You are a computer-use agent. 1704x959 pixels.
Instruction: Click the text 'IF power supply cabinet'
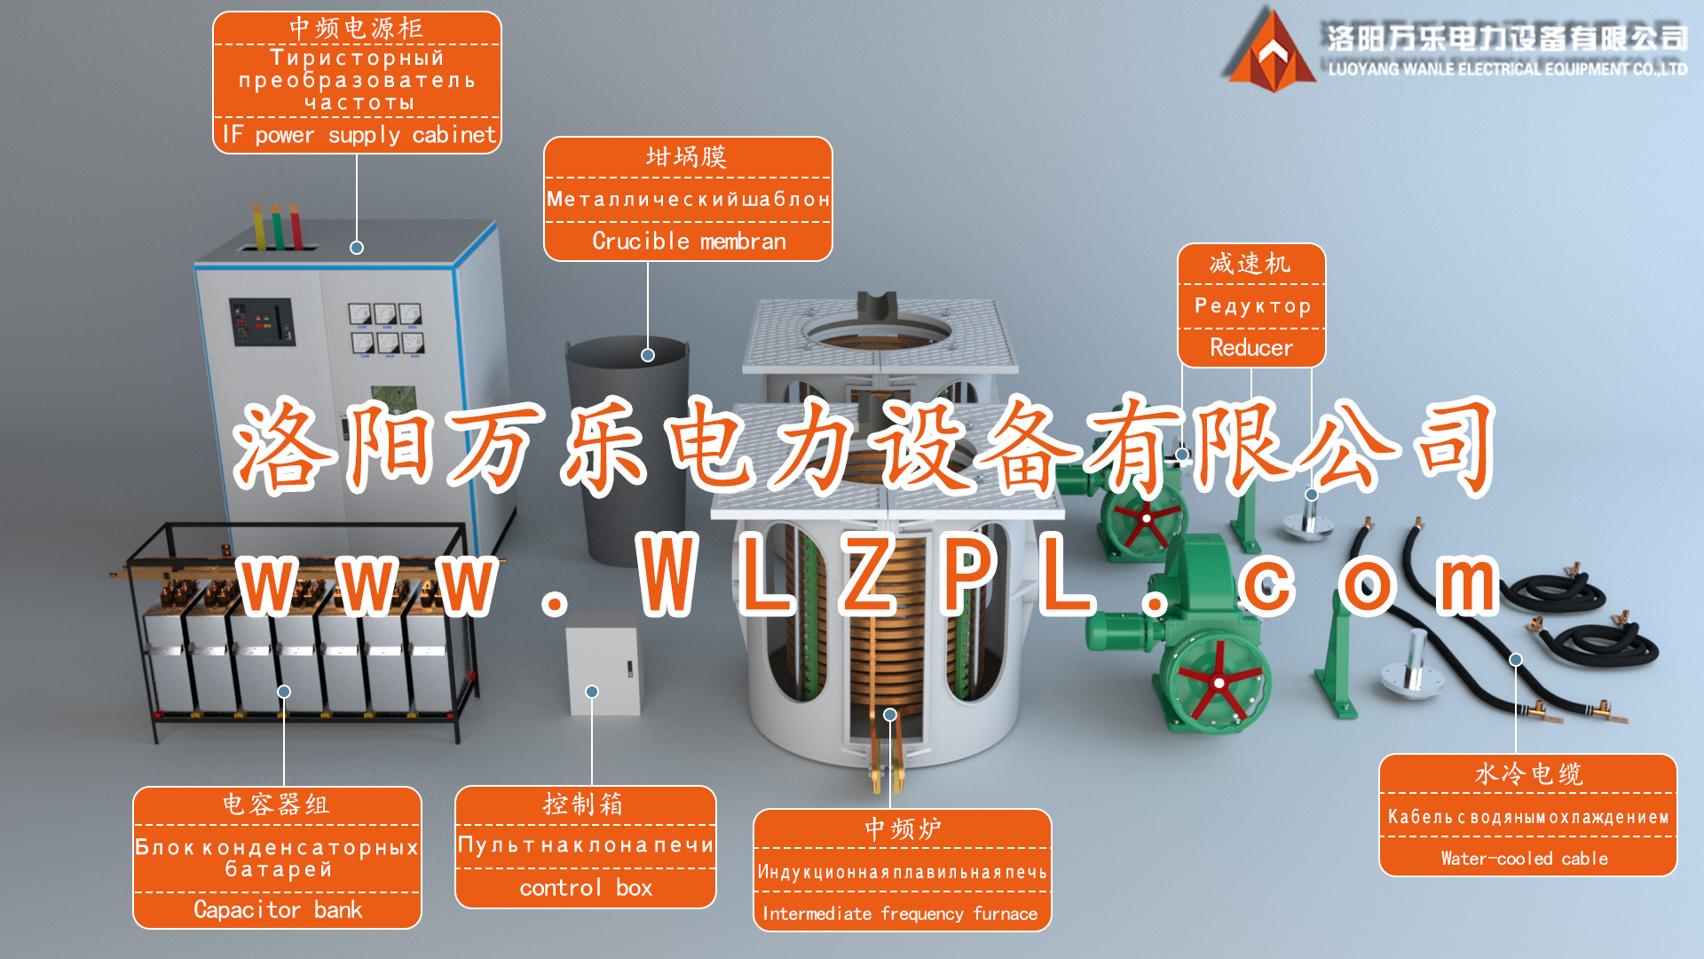tap(359, 135)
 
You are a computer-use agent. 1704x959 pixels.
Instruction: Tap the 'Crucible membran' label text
tap(689, 242)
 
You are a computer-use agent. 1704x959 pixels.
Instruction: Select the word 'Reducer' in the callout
tap(1251, 347)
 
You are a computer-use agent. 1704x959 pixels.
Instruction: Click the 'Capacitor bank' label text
tap(278, 910)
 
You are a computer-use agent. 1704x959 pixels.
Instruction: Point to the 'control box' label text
tap(586, 888)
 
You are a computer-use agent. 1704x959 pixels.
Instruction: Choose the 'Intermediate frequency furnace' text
tap(900, 914)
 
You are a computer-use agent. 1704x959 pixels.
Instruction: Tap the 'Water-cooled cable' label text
tap(1525, 859)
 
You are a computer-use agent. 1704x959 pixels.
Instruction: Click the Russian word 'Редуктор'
tap(1252, 306)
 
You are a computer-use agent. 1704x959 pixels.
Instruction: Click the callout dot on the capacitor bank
tap(284, 692)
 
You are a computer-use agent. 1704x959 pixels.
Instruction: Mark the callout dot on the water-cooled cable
tap(1516, 660)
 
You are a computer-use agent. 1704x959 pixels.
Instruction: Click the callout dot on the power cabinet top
tap(357, 248)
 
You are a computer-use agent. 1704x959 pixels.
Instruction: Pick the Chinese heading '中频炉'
tap(903, 829)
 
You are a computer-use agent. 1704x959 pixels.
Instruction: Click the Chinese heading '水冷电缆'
tap(1528, 774)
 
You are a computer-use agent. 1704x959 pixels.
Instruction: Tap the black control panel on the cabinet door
tap(262, 321)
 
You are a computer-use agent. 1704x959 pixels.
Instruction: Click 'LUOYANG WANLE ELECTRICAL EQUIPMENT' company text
tap(1507, 69)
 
